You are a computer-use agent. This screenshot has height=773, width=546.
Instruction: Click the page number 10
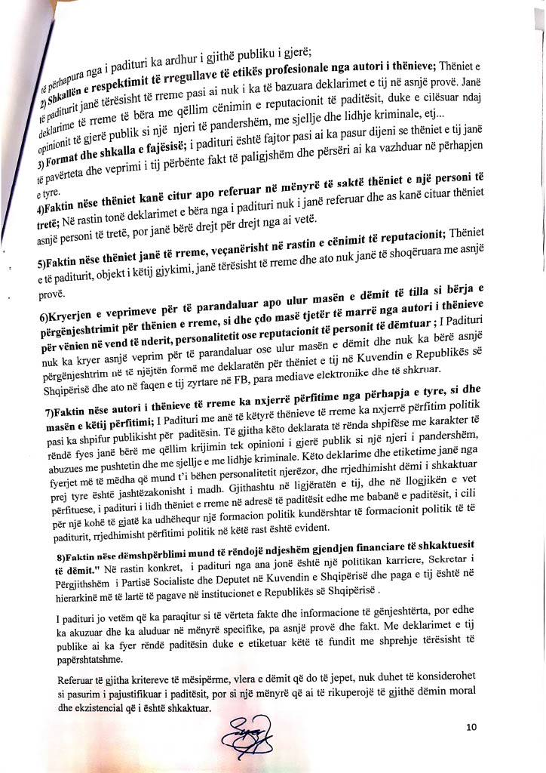tap(471, 727)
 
